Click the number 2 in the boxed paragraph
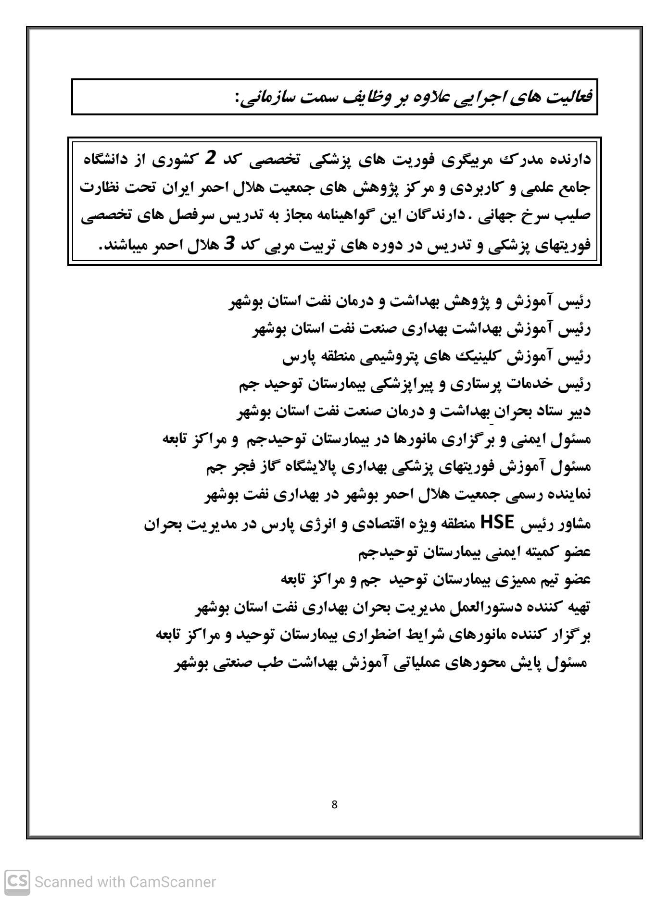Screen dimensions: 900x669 pos(210,159)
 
